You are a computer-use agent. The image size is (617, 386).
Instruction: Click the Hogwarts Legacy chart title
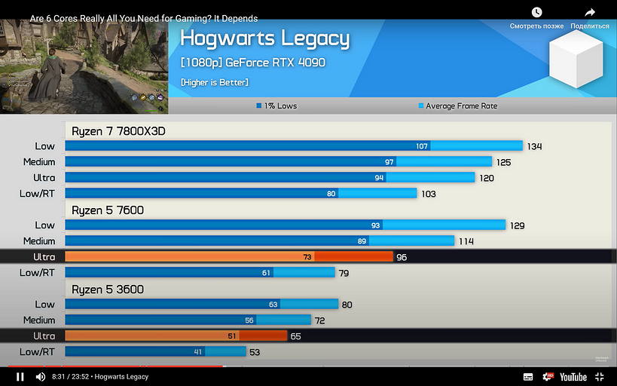pyautogui.click(x=264, y=38)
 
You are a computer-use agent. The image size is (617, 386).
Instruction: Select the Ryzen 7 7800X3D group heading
pyautogui.click(x=118, y=131)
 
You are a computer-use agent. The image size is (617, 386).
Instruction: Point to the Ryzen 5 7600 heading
pyautogui.click(x=108, y=210)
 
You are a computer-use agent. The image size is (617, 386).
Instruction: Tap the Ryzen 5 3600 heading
pyautogui.click(x=108, y=289)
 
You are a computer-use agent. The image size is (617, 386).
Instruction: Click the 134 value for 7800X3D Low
pyautogui.click(x=535, y=146)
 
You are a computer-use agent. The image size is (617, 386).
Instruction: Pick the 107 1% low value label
pyautogui.click(x=422, y=146)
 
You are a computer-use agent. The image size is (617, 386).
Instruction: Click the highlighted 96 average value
pyautogui.click(x=402, y=257)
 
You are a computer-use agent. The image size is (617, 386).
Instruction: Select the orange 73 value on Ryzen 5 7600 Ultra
pyautogui.click(x=307, y=257)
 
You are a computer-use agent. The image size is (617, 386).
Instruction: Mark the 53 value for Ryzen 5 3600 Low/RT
pyautogui.click(x=255, y=352)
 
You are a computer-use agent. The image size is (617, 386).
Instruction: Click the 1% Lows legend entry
pyautogui.click(x=276, y=106)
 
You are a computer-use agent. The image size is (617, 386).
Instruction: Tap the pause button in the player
pyautogui.click(x=20, y=377)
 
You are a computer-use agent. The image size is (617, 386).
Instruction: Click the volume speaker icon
pyautogui.click(x=41, y=377)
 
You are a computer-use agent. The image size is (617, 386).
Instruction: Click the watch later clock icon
pyautogui.click(x=536, y=13)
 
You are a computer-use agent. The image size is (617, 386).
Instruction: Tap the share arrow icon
pyautogui.click(x=590, y=13)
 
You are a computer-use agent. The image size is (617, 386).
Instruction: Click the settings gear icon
pyautogui.click(x=548, y=377)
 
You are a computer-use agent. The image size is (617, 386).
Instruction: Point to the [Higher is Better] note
pyautogui.click(x=215, y=82)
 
